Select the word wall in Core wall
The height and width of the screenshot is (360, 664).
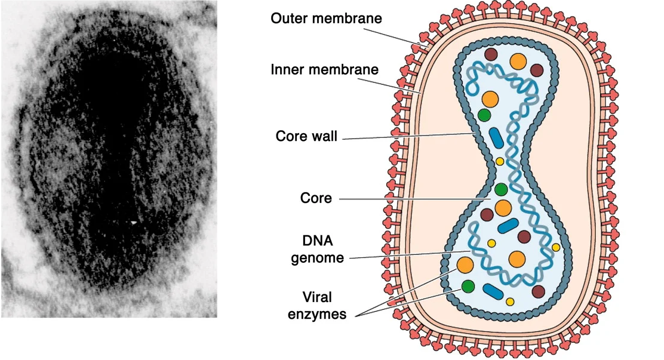[x=325, y=136]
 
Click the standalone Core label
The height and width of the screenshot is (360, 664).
[x=316, y=198]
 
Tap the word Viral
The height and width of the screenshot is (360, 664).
[x=316, y=297]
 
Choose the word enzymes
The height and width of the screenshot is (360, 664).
[x=317, y=315]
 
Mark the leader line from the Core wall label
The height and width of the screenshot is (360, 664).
[x=406, y=137]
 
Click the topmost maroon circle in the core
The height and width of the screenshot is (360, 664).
[x=491, y=55]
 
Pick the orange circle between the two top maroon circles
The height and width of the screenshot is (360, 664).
[x=518, y=62]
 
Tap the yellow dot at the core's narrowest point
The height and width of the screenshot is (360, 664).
[x=500, y=161]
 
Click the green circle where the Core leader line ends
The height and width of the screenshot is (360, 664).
[x=501, y=190]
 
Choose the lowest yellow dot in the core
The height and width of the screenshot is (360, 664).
[x=510, y=301]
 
